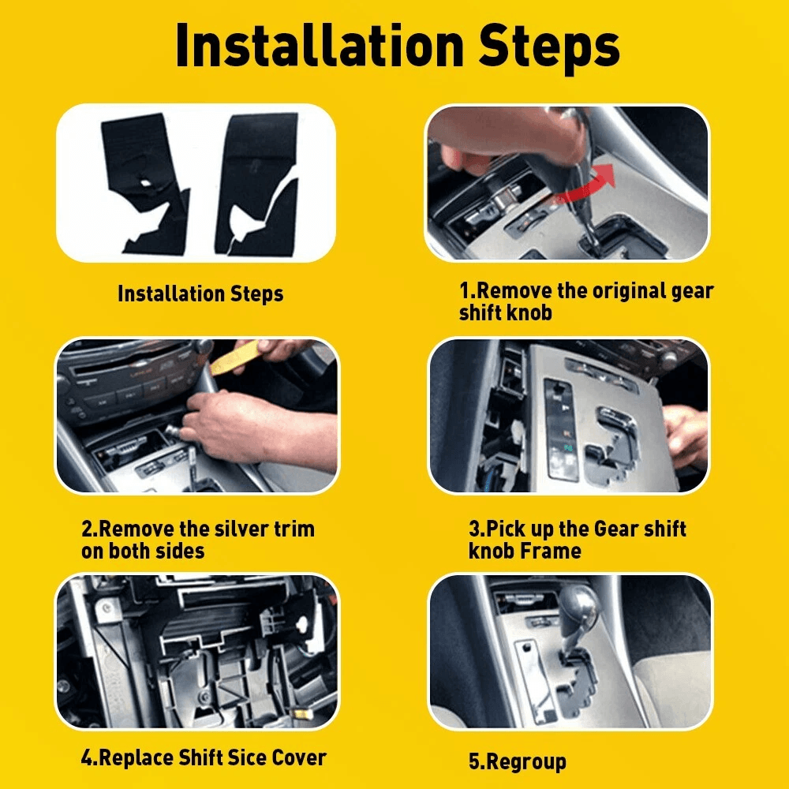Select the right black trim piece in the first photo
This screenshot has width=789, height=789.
(256, 178)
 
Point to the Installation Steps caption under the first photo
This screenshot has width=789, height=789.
(200, 294)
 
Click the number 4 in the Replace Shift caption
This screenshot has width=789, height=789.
(87, 758)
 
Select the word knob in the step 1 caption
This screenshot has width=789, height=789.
(529, 312)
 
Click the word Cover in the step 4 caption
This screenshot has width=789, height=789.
(299, 758)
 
